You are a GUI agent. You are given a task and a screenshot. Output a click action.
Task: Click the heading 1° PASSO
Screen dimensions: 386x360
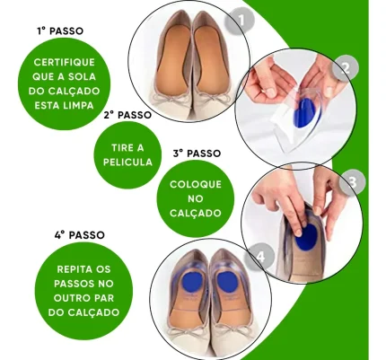tap(60, 31)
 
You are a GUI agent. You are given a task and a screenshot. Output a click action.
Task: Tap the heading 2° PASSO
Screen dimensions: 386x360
tap(127, 115)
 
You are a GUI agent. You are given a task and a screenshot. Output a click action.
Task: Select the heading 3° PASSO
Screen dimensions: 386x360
tap(197, 154)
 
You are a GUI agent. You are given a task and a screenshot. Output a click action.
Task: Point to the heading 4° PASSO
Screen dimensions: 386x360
tap(80, 235)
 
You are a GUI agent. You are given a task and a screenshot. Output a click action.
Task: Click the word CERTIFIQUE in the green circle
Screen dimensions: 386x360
tap(65, 63)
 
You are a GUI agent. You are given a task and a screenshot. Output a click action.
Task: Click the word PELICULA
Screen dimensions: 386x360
tap(127, 162)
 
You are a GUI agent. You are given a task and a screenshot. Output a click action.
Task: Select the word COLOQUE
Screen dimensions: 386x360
tap(196, 184)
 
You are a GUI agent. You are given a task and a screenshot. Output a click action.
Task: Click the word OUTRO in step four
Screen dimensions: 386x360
tap(72, 298)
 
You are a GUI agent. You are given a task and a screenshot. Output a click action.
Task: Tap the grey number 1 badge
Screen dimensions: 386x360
tap(240, 21)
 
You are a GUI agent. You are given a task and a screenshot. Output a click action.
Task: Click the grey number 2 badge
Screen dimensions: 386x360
tap(346, 68)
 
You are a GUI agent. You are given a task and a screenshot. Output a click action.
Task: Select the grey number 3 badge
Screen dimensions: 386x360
tap(353, 182)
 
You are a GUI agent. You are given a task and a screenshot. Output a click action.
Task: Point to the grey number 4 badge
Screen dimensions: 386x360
tap(260, 257)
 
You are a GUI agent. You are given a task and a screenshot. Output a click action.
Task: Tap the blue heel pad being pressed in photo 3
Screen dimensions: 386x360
tap(306, 237)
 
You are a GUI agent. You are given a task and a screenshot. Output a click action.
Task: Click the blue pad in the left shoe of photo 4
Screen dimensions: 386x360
tap(193, 282)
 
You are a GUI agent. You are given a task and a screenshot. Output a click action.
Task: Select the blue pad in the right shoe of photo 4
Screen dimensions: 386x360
tap(227, 282)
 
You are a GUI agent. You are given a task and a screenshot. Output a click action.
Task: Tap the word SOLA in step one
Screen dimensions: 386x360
tap(82, 77)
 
